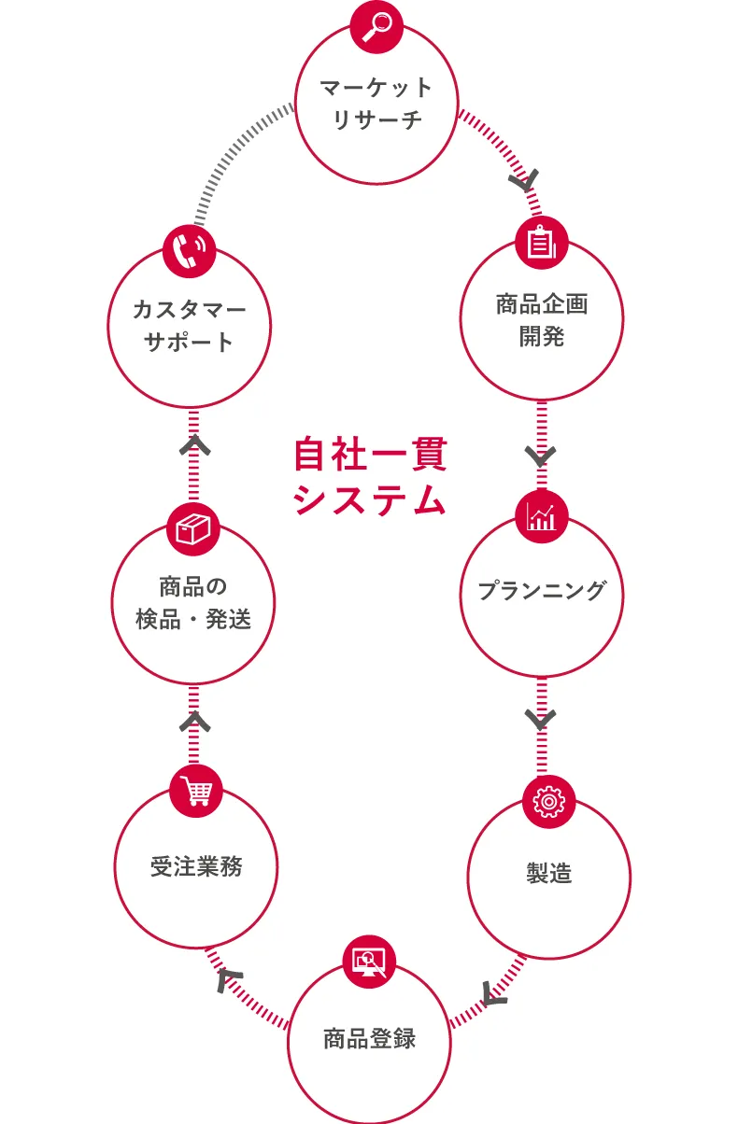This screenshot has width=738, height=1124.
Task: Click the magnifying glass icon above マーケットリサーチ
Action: coord(376,25)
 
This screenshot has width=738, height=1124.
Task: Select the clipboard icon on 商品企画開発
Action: coord(542,244)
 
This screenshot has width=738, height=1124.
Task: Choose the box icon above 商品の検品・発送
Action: coord(193,529)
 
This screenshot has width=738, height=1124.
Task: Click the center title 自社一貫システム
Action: coord(369,477)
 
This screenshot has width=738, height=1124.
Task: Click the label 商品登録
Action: coord(369,1038)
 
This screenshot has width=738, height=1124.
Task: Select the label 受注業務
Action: coord(196,866)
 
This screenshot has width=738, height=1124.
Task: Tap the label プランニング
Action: coord(542,591)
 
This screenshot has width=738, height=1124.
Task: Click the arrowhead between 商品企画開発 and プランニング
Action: coord(541,457)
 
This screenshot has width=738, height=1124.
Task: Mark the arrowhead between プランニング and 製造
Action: coord(541,720)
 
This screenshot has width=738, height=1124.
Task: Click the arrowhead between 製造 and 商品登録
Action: coord(495,994)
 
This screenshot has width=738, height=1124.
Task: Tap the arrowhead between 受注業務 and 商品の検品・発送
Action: coord(195,721)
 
